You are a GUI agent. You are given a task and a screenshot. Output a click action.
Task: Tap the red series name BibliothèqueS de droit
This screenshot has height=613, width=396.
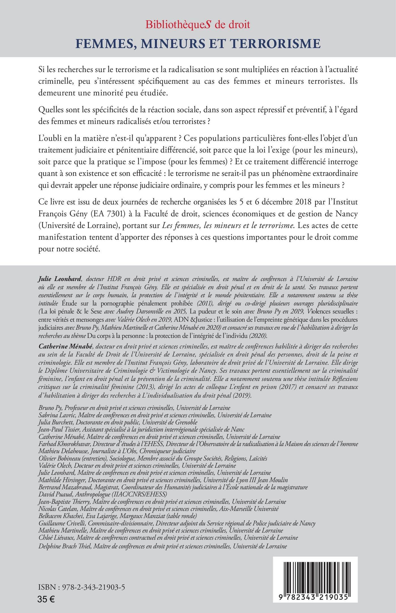[x=198, y=25]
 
